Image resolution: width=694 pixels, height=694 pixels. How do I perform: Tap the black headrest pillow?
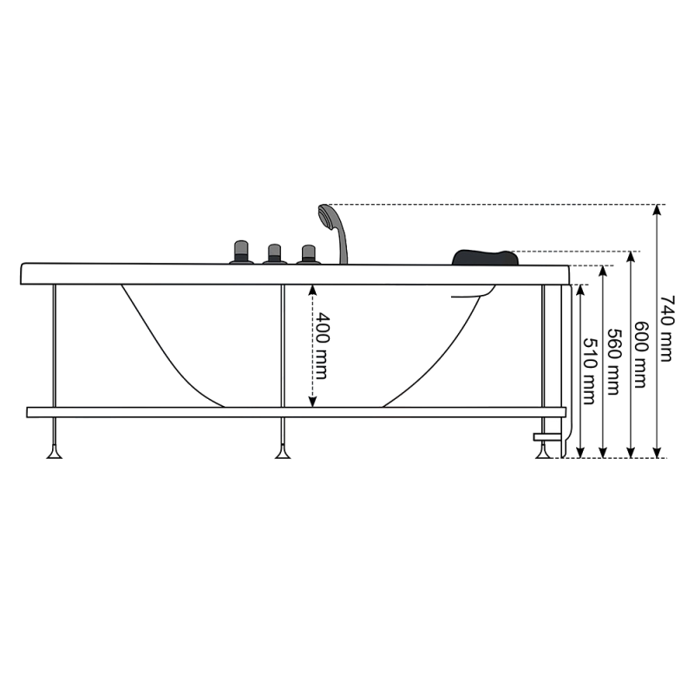(x=483, y=256)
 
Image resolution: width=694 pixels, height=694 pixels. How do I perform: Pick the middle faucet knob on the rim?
(x=274, y=253)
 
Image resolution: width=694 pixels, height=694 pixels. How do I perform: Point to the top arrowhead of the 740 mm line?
(x=658, y=209)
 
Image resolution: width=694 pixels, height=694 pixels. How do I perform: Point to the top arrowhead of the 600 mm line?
(x=631, y=256)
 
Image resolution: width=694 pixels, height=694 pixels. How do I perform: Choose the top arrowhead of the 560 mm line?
(x=605, y=270)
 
